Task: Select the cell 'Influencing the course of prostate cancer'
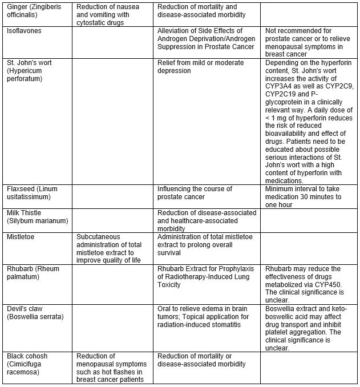coord(195,193)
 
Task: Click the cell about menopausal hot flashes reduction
coord(112,368)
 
